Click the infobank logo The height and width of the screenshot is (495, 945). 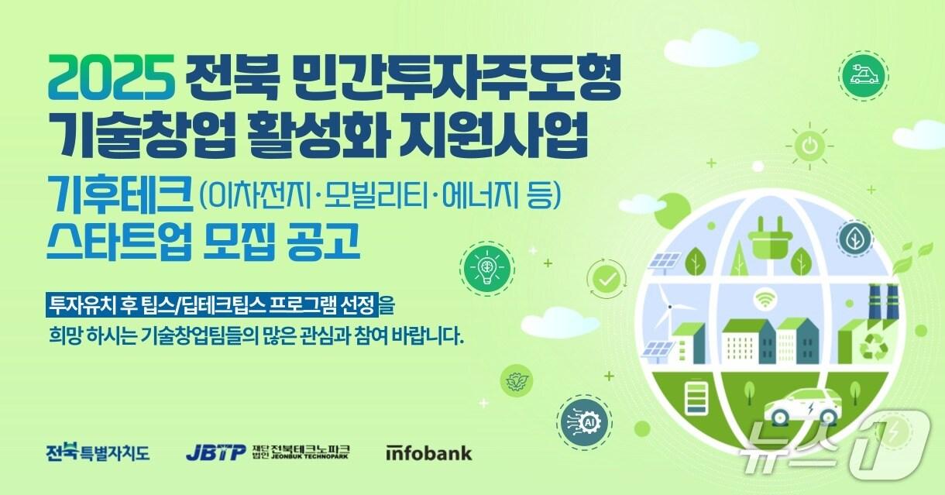click(428, 453)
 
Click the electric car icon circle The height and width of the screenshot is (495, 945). click(863, 75)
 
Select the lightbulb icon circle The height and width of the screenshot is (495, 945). click(487, 267)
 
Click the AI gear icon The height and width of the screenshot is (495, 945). click(589, 422)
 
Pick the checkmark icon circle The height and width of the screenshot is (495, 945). click(607, 278)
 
